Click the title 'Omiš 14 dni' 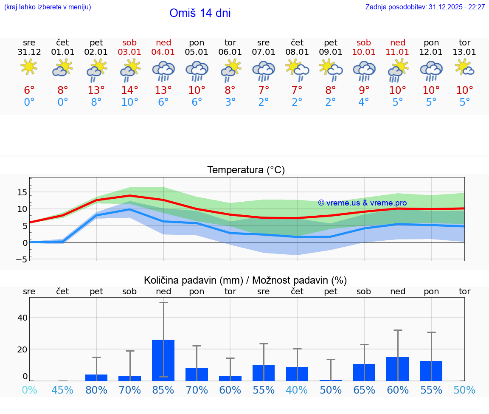[x=200, y=13]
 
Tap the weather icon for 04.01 [x=163, y=70]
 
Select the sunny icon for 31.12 [x=29, y=67]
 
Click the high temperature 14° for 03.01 [x=130, y=90]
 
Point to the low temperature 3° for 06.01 [x=230, y=102]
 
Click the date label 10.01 [x=364, y=52]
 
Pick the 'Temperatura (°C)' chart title [x=246, y=170]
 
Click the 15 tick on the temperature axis [x=22, y=192]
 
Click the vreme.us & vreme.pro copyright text [x=362, y=203]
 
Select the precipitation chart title [x=245, y=280]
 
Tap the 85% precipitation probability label [x=163, y=390]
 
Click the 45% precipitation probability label [x=63, y=390]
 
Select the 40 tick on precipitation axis [x=22, y=318]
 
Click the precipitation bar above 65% [x=364, y=372]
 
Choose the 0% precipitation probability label [x=29, y=390]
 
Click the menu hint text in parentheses [x=48, y=7]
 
